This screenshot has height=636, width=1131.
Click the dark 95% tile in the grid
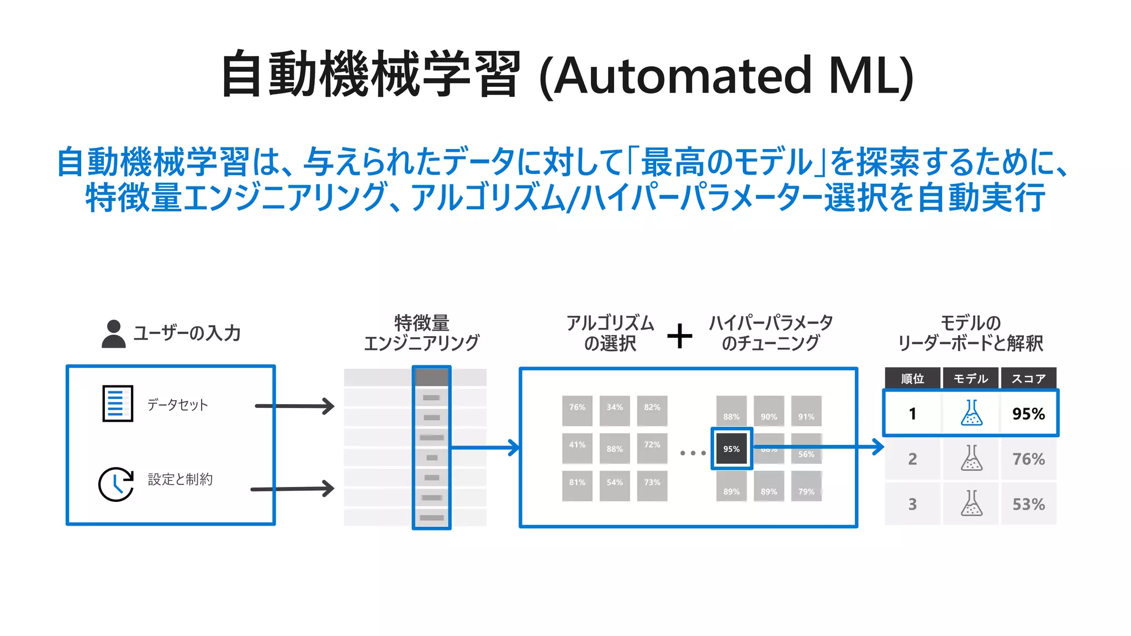(x=731, y=448)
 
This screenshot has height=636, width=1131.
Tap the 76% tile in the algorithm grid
(x=577, y=410)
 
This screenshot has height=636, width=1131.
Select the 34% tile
(x=615, y=410)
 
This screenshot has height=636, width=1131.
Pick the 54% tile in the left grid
(x=615, y=485)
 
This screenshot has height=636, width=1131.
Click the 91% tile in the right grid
(x=806, y=411)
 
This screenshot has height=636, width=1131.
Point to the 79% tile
(x=806, y=486)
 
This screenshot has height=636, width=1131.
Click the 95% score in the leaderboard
(x=1028, y=414)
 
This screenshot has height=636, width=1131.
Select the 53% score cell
(x=1028, y=504)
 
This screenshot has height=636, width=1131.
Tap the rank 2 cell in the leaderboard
(x=912, y=459)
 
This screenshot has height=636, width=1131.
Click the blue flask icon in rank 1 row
(x=971, y=413)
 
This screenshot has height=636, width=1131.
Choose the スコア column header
(x=1028, y=378)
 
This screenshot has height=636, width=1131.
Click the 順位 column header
(x=912, y=378)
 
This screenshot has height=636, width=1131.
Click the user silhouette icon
(x=114, y=334)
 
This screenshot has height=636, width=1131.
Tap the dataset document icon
(x=118, y=404)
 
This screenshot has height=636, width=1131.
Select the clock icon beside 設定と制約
(x=115, y=484)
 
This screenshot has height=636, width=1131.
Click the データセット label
(x=177, y=405)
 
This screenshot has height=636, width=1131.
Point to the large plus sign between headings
(x=680, y=336)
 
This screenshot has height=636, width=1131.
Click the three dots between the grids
(x=693, y=453)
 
